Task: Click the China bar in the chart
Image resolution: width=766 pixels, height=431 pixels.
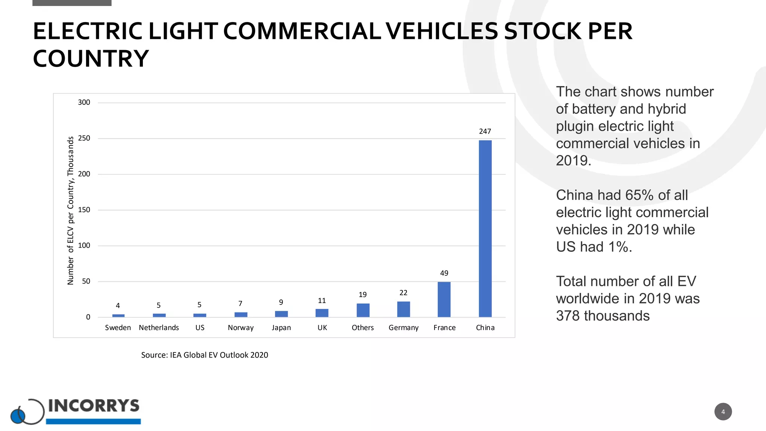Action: click(x=485, y=228)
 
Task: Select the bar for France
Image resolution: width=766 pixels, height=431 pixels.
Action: click(x=444, y=299)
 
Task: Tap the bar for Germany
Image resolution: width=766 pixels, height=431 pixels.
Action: click(x=403, y=309)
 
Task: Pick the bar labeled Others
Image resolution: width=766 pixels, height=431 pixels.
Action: click(x=363, y=310)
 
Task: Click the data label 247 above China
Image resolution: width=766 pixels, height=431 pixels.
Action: click(x=485, y=131)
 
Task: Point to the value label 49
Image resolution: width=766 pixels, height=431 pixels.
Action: click(x=444, y=273)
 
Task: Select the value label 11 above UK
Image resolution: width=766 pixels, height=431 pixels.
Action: click(x=322, y=300)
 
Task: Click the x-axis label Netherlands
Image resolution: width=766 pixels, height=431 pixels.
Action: click(x=159, y=328)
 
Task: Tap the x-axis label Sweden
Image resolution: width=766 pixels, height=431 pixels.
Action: click(x=118, y=328)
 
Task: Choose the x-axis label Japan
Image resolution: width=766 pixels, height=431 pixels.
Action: click(x=281, y=328)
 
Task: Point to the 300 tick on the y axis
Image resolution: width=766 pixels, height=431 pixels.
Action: click(x=84, y=103)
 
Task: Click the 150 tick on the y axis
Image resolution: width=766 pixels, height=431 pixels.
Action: click(x=84, y=210)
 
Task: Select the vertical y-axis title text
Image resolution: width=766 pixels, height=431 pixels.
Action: click(x=70, y=210)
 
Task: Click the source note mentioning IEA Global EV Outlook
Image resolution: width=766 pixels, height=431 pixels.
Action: click(x=204, y=355)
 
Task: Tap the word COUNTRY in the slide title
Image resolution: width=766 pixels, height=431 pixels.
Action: click(x=91, y=59)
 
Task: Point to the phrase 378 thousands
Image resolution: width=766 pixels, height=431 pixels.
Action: click(x=603, y=316)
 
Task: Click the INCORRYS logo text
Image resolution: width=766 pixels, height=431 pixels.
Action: click(x=94, y=406)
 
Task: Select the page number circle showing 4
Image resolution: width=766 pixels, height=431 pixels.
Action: click(x=723, y=412)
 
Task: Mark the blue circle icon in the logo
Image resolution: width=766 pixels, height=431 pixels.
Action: click(x=18, y=416)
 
